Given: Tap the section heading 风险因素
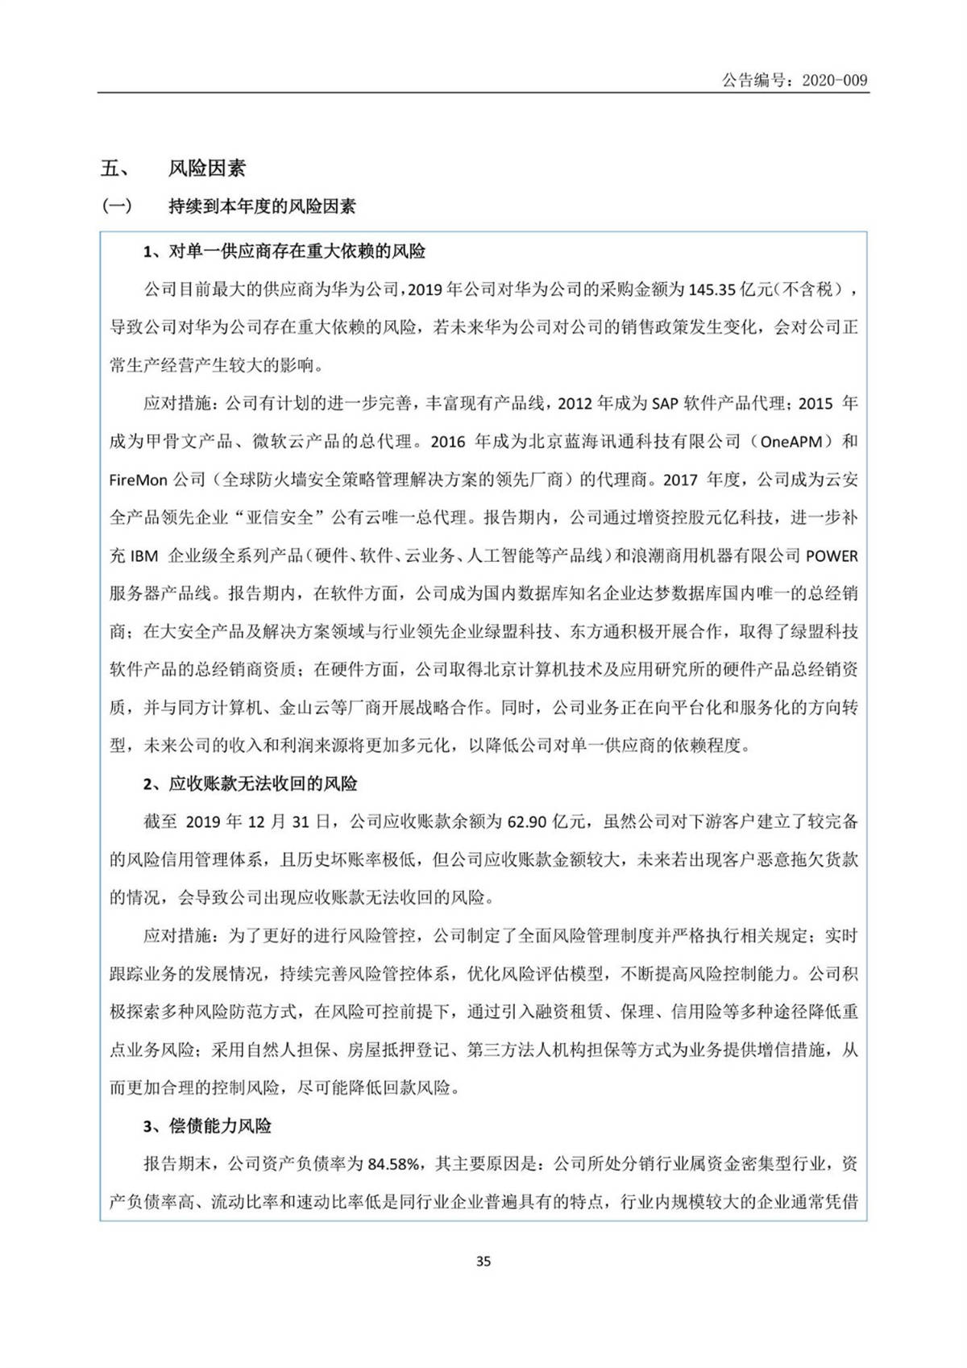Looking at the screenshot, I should point(206,168).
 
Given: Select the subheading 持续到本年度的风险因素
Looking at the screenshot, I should point(262,207).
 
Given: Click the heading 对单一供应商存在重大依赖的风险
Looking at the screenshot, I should point(297,252).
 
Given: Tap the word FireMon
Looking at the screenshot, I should point(137,480).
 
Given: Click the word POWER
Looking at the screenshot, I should point(832,556).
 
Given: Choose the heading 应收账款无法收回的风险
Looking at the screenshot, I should point(263,784).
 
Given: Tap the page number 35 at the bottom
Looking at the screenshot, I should point(483,1262).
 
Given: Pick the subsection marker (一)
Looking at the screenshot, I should point(116,207).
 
